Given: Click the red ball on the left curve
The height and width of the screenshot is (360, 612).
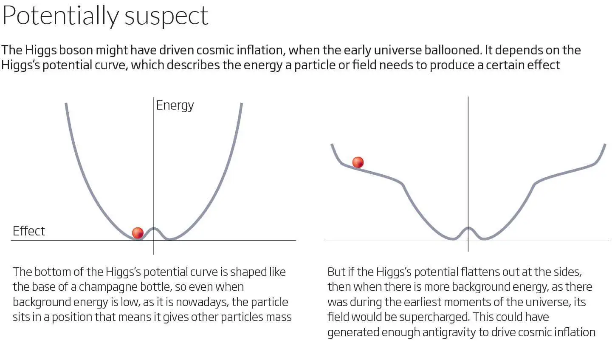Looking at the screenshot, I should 138,233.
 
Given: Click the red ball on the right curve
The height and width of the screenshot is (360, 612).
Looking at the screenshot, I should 358,162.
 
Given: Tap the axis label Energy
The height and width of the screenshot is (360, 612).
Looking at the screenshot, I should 175,105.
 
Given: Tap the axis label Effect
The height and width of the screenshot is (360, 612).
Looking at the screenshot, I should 28,231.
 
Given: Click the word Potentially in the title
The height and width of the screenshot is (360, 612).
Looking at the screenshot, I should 60,16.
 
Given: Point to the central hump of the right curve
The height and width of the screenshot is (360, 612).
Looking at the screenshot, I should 468,229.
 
